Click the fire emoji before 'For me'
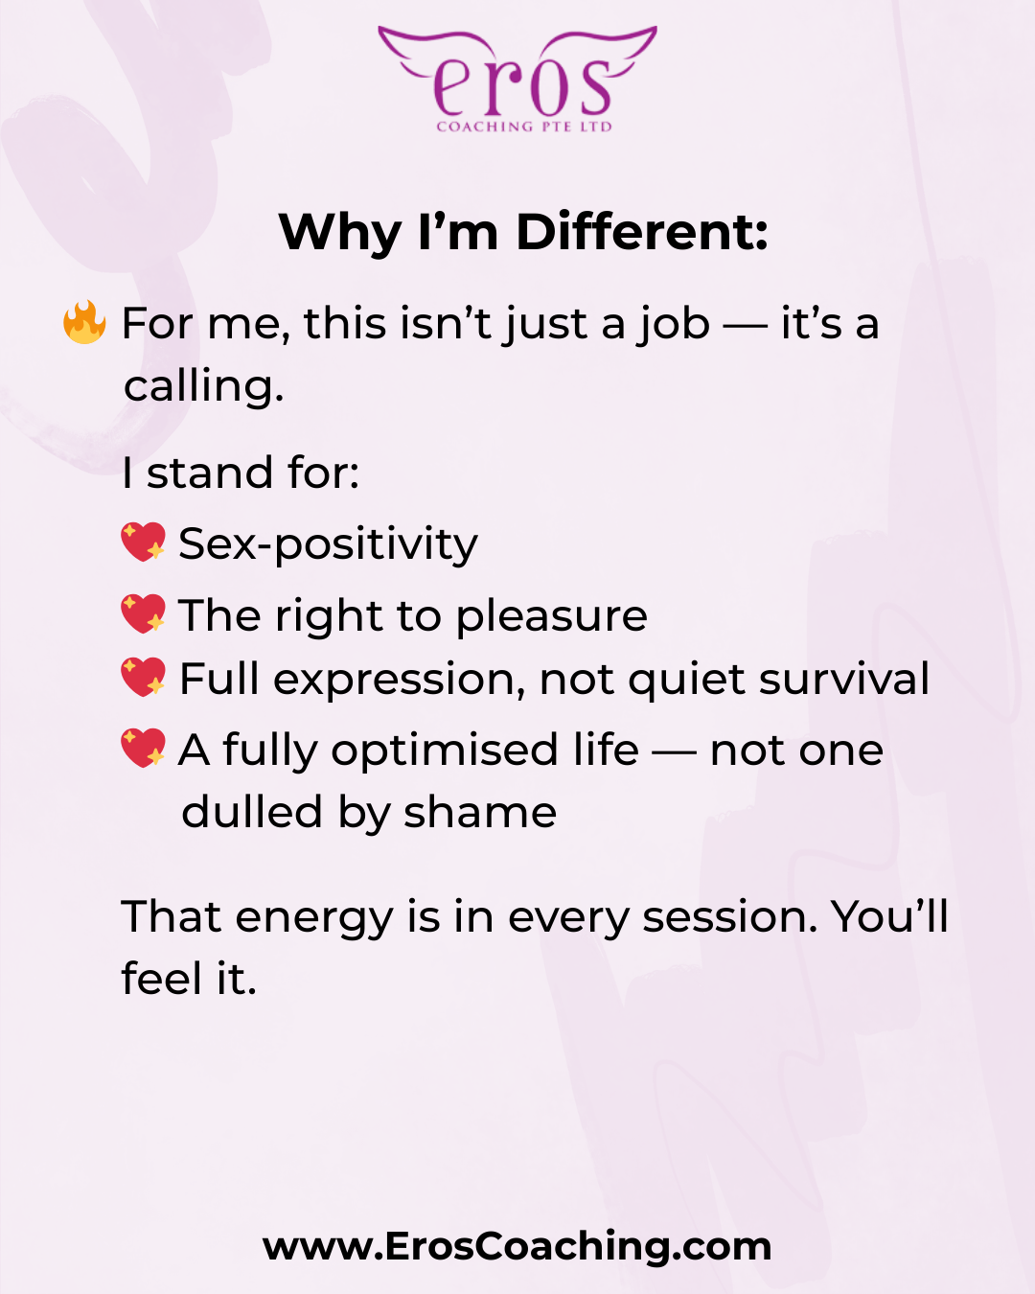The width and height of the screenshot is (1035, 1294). tap(84, 322)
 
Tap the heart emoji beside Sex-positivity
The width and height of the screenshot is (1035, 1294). tap(143, 542)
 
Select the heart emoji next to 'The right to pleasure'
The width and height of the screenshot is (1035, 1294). tap(143, 613)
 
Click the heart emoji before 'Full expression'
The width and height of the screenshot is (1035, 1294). tap(143, 677)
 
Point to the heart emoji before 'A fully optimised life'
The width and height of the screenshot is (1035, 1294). tap(143, 748)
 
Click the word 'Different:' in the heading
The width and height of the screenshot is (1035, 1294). tap(642, 232)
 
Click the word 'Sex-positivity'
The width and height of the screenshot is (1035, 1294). tap(328, 544)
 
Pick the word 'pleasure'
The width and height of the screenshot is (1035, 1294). tap(551, 617)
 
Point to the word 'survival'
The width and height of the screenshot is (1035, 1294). tap(843, 679)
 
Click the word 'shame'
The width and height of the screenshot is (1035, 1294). tap(479, 812)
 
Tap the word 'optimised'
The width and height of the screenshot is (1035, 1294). tap(445, 751)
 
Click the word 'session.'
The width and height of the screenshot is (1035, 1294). tap(729, 918)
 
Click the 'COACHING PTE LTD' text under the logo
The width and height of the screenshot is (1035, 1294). tap(524, 127)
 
